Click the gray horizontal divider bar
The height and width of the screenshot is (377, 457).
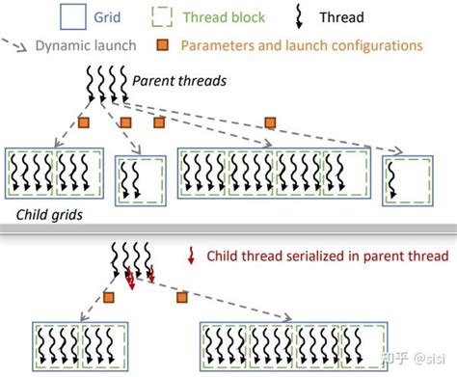pyautogui.click(x=228, y=229)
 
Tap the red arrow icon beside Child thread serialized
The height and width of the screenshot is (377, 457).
pyautogui.click(x=191, y=256)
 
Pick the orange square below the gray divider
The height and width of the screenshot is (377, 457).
pyautogui.click(x=178, y=297)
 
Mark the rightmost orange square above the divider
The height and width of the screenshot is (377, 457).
pyautogui.click(x=270, y=122)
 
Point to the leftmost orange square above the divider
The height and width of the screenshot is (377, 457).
pyautogui.click(x=84, y=122)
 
